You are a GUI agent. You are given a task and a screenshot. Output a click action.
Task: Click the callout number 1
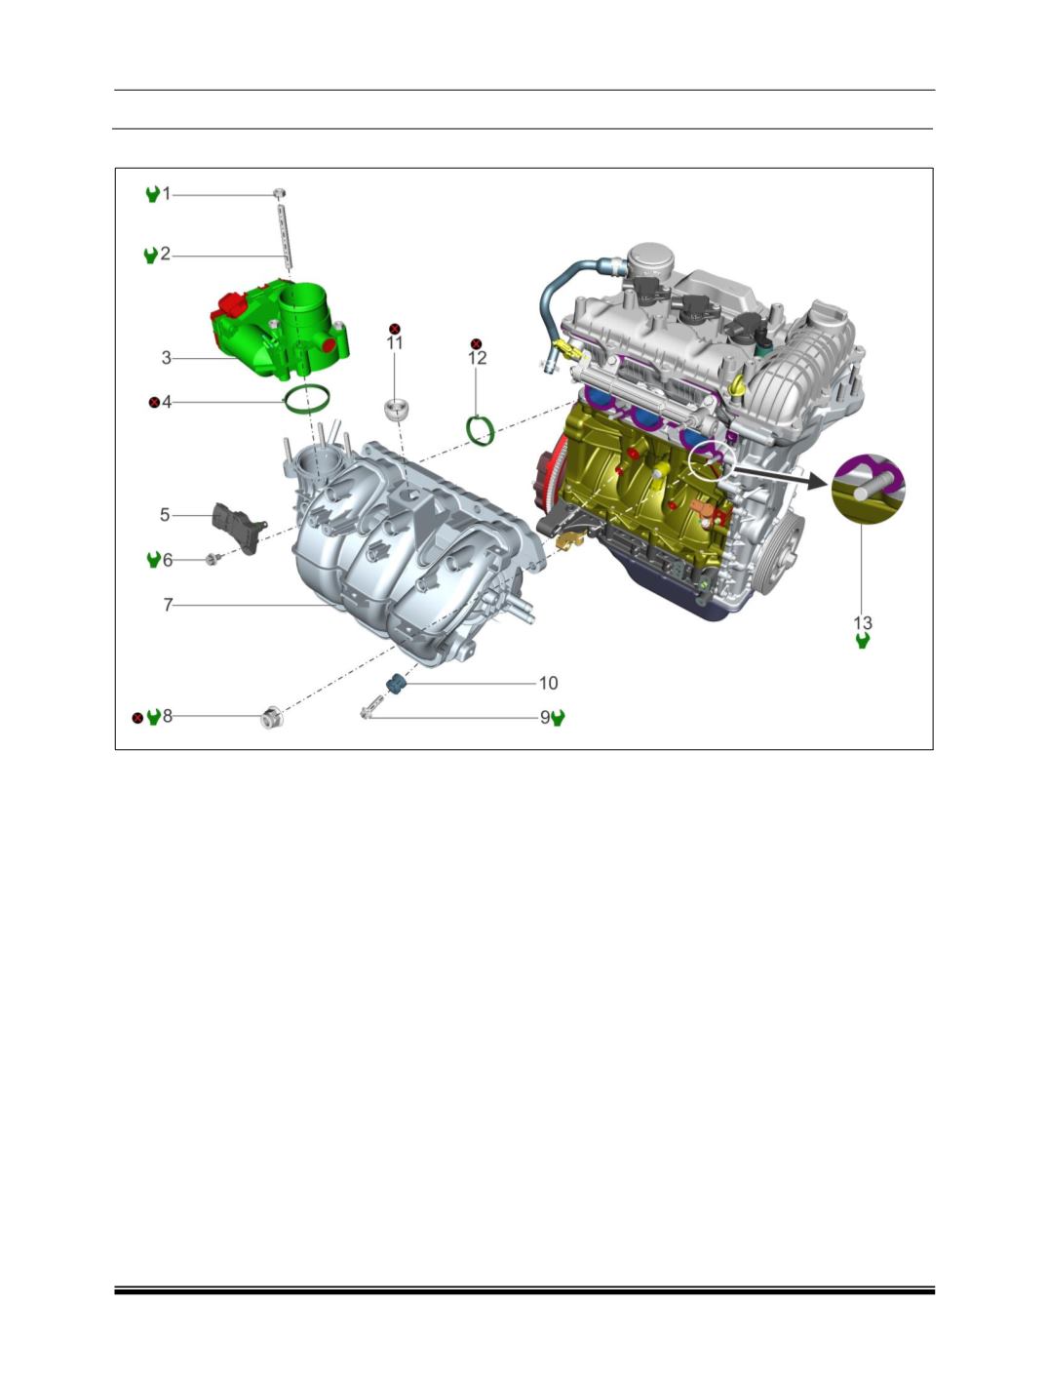[167, 193]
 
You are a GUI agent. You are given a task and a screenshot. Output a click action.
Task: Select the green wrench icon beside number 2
[151, 256]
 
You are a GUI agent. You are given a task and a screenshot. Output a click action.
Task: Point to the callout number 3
[167, 358]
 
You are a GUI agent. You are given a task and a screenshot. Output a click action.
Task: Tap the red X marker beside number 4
[154, 402]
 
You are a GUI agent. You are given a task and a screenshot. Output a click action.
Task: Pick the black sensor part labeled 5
[240, 527]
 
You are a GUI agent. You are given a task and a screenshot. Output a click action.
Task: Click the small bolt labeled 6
[213, 558]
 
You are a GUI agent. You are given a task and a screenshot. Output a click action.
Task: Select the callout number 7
[168, 605]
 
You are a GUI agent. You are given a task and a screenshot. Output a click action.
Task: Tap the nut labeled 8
[271, 717]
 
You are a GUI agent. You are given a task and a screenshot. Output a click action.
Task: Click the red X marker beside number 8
[137, 718]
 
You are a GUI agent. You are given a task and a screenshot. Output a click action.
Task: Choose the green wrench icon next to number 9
[558, 718]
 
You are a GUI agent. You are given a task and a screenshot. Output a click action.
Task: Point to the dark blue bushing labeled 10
[396, 683]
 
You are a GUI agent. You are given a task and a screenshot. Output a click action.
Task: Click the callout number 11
[395, 343]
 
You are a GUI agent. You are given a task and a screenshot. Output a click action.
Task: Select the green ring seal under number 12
[481, 430]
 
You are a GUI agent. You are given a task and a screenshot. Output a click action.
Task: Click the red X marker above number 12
[477, 344]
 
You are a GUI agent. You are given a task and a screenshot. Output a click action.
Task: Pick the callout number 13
[863, 622]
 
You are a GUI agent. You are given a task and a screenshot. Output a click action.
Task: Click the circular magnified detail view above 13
[869, 489]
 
